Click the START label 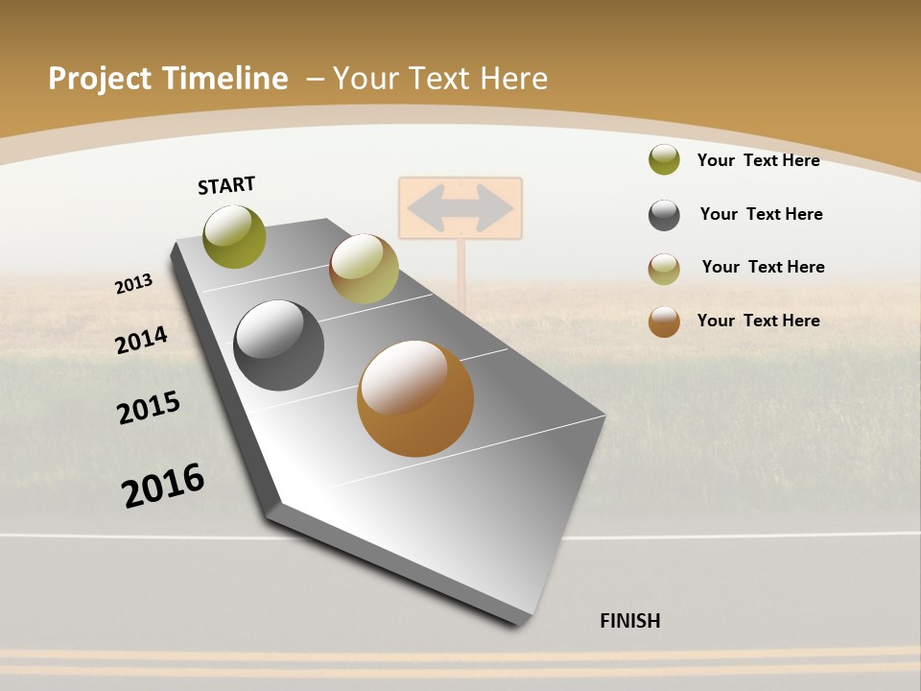pyautogui.click(x=226, y=185)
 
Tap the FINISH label pyautogui.click(x=629, y=621)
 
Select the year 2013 pyautogui.click(x=133, y=284)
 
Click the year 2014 pyautogui.click(x=141, y=341)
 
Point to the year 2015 pyautogui.click(x=149, y=407)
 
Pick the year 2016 pyautogui.click(x=163, y=485)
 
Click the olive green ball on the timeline pyautogui.click(x=234, y=236)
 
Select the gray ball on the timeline pyautogui.click(x=278, y=345)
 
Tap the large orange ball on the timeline pyautogui.click(x=415, y=398)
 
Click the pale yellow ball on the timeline pyautogui.click(x=364, y=269)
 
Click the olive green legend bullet pyautogui.click(x=664, y=159)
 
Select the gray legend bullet pyautogui.click(x=664, y=215)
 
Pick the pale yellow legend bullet pyautogui.click(x=664, y=269)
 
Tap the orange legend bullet pyautogui.click(x=664, y=322)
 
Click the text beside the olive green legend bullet pyautogui.click(x=758, y=160)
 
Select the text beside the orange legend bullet pyautogui.click(x=758, y=321)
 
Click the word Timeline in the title pyautogui.click(x=226, y=79)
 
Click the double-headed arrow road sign pyautogui.click(x=460, y=207)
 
